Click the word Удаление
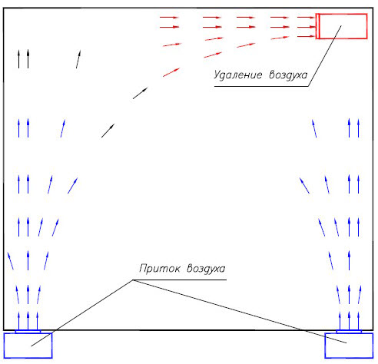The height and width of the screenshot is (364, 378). [238, 75]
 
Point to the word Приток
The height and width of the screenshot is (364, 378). [160, 269]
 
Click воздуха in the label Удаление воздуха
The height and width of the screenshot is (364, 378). [288, 74]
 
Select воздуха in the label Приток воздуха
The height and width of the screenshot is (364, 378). [206, 269]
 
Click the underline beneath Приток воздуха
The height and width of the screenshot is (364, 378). [180, 280]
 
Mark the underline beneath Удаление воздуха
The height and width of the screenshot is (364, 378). [261, 86]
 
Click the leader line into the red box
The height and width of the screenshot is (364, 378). [325, 56]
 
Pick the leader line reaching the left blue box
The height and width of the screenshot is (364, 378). [81, 313]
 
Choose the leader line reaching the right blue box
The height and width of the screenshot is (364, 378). [240, 311]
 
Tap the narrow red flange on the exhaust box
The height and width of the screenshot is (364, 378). [317, 26]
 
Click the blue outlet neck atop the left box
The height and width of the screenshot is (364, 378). [28, 332]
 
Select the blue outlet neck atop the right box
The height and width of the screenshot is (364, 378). [349, 332]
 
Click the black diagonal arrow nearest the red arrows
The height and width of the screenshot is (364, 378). [140, 93]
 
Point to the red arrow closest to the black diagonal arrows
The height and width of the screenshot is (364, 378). [171, 72]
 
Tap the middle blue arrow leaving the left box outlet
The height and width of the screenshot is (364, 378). [28, 321]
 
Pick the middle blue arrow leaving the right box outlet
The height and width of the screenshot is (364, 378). [349, 321]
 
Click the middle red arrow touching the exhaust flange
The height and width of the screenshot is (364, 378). [307, 27]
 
